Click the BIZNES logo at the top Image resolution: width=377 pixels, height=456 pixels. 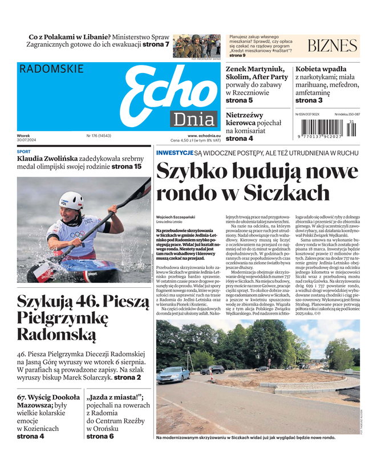[332, 46]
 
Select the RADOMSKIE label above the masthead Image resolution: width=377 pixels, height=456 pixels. [51, 69]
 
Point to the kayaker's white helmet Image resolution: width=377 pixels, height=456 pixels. [71, 200]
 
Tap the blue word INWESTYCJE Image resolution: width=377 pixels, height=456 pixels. [175, 153]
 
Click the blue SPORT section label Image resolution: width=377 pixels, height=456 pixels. [24, 152]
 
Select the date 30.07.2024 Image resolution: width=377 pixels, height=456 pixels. [27, 141]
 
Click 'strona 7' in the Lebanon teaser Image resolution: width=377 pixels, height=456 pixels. [156, 44]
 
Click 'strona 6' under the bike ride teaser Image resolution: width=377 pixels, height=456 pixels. [100, 436]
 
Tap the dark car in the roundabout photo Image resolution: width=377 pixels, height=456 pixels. [212, 370]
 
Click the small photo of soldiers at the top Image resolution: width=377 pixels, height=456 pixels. [196, 46]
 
